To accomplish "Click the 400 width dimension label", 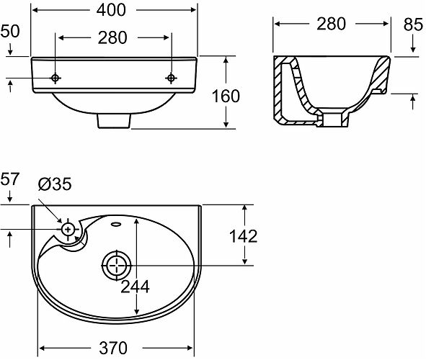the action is pos(111,10).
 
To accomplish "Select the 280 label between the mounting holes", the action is pos(112,37).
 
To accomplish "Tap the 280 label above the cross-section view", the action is pos(331,24).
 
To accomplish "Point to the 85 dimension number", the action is pos(413,24).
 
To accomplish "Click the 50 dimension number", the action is pos(10,31).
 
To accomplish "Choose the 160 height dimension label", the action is pos(226,96).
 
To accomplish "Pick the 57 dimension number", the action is pos(10,179).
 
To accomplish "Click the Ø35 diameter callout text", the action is pos(55,184).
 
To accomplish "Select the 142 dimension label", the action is pos(243,236).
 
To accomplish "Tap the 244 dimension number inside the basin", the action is pos(135,287).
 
